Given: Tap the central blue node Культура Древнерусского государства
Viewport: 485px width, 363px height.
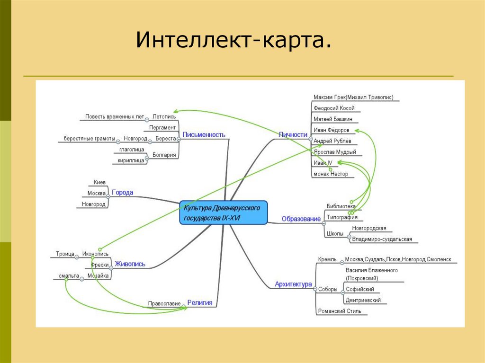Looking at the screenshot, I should pyautogui.click(x=224, y=213).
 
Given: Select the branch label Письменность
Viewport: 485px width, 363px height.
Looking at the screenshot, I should pyautogui.click(x=204, y=135).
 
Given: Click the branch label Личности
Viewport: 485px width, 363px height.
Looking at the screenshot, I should pyautogui.click(x=293, y=134).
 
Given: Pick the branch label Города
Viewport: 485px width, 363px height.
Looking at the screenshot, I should pyautogui.click(x=122, y=193).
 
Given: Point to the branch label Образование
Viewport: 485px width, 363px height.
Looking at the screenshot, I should pyautogui.click(x=301, y=219).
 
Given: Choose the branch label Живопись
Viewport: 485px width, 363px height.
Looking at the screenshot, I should pyautogui.click(x=130, y=264).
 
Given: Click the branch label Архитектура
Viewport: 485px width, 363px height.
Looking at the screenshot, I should pyautogui.click(x=293, y=284).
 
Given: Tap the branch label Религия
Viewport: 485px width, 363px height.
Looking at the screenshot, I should pyautogui.click(x=199, y=303).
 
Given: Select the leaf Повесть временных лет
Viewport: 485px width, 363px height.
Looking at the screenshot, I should pyautogui.click(x=114, y=116).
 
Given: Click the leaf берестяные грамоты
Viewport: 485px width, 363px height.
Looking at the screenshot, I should pyautogui.click(x=90, y=138).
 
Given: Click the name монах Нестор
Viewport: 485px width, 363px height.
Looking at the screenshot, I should pyautogui.click(x=331, y=174).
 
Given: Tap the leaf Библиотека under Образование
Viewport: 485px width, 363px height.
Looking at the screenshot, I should pyautogui.click(x=341, y=206).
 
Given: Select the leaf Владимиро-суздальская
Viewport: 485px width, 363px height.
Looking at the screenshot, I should pyautogui.click(x=382, y=239).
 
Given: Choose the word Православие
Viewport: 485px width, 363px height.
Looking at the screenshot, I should pyautogui.click(x=164, y=303).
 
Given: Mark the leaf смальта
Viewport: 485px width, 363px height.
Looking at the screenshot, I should pyautogui.click(x=69, y=275).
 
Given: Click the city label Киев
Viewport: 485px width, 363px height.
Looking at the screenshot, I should pyautogui.click(x=99, y=182).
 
